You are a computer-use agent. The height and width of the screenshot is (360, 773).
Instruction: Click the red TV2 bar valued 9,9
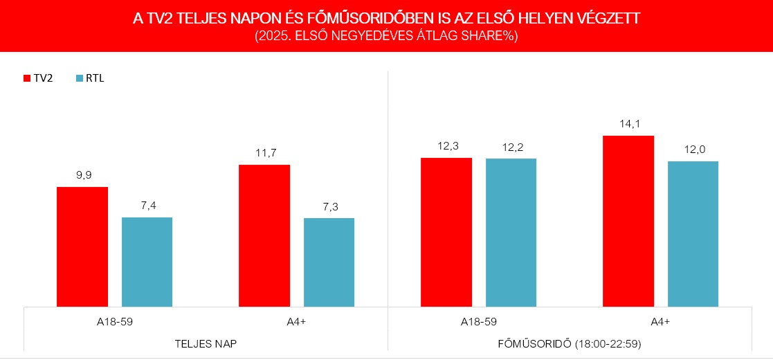(82, 246)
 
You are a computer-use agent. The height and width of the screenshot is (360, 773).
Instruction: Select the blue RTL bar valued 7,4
(147, 262)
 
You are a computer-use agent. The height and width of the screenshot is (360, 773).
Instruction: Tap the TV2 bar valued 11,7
(264, 235)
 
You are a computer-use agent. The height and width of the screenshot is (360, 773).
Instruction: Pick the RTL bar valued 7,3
(329, 262)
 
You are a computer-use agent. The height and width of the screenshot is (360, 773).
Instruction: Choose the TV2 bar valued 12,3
(446, 232)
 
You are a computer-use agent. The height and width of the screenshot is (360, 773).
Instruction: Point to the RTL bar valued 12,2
(511, 232)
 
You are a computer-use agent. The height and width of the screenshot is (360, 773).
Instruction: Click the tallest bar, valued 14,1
(628, 221)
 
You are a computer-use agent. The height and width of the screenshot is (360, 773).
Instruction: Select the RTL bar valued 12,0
(693, 233)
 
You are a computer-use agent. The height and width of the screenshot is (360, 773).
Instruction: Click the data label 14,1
(628, 125)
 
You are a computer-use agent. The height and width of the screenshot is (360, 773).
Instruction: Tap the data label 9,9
(82, 176)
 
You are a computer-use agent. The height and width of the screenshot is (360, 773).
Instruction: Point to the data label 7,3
(329, 207)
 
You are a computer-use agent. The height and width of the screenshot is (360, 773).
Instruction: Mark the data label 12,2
(511, 147)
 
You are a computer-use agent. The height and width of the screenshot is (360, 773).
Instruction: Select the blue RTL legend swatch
(78, 78)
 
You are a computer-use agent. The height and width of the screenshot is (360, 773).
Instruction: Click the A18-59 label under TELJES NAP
(115, 321)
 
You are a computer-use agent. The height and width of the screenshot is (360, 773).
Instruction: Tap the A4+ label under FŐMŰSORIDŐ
(660, 321)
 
